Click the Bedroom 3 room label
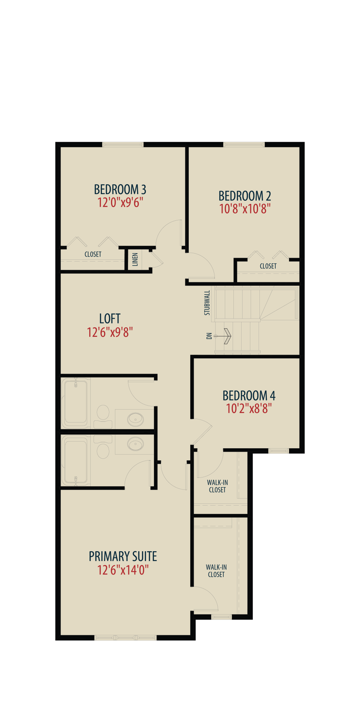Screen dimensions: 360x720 pos(120,189)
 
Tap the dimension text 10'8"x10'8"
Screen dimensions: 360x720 pos(245,209)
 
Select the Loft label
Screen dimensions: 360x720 pos(110,319)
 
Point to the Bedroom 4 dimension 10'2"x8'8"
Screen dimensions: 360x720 pos(249,409)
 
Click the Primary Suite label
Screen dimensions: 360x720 pos(123,557)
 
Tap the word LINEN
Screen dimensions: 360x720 pos(135,259)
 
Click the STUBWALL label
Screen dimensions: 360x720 pos(207,303)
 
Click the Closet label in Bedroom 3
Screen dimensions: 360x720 pos(93,254)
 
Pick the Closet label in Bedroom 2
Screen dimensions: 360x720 pos(268,266)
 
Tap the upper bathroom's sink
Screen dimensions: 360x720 pos(135,419)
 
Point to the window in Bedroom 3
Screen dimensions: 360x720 pos(123,144)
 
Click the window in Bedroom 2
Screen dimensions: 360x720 pos(244,144)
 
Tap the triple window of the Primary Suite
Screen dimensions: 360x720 pos(126,637)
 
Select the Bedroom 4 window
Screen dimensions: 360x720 pos(278,451)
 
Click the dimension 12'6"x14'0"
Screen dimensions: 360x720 pos(123,570)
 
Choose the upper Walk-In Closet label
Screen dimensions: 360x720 pos(217,486)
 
